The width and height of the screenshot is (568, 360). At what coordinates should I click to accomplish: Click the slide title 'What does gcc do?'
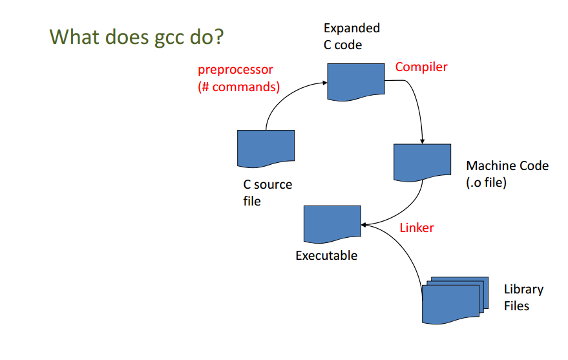pos(136,37)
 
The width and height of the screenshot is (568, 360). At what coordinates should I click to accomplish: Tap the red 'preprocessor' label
pos(235,70)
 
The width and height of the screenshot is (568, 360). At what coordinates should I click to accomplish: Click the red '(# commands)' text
pos(238,87)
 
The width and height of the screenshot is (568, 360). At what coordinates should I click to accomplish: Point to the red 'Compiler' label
pos(421,67)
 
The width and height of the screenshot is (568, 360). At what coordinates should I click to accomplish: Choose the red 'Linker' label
pos(417,228)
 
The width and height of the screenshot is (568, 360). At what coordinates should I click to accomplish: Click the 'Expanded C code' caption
pos(352,36)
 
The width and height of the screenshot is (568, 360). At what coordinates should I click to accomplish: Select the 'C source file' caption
pos(268,193)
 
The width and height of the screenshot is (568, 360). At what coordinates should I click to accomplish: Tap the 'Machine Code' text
pos(507,165)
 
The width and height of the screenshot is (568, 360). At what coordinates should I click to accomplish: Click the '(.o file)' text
pos(486,182)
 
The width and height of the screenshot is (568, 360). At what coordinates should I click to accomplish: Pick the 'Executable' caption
pos(326,256)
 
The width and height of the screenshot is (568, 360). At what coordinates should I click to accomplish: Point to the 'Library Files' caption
pos(523,297)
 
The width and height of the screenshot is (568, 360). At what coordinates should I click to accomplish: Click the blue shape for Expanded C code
pos(356,81)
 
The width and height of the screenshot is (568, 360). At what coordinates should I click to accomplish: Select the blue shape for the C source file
pos(266,148)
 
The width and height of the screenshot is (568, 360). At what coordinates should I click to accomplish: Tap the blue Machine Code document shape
pos(423,162)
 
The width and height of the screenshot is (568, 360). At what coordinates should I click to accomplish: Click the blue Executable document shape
pos(333,224)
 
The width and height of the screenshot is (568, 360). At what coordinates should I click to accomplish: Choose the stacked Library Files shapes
pos(455,300)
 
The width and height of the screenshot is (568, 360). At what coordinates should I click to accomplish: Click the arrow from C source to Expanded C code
pos(286,95)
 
